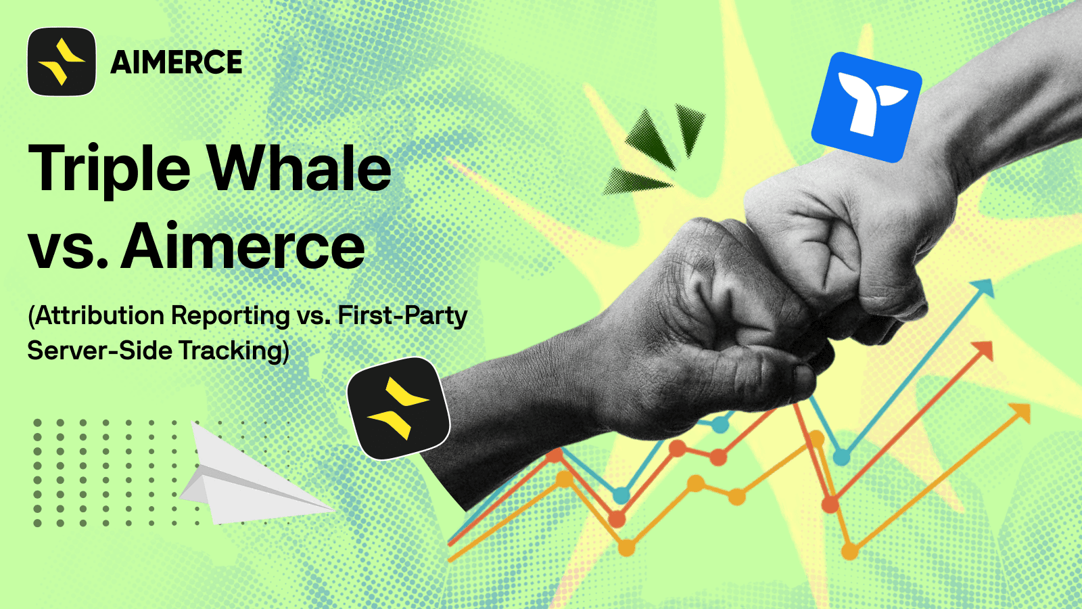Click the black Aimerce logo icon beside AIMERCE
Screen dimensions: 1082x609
62,62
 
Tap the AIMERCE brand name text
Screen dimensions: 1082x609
177,62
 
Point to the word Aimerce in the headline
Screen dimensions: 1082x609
243,246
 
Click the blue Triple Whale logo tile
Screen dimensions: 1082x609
866,108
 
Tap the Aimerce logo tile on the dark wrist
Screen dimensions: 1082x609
398,409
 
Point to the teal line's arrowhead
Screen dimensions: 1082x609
983,288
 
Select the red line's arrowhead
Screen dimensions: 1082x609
983,351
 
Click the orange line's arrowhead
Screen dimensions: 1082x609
1020,413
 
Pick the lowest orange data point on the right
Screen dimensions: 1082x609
850,551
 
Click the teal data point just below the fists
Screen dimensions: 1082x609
720,426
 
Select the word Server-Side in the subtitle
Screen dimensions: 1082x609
99,351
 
